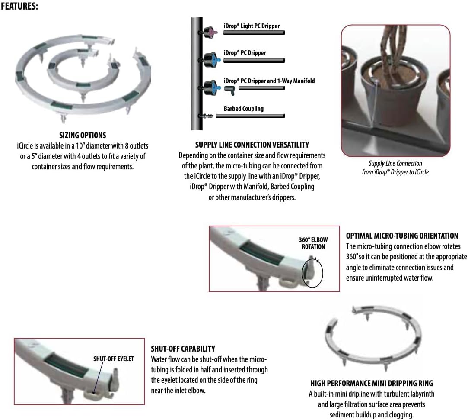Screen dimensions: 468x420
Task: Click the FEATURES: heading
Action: (19, 6)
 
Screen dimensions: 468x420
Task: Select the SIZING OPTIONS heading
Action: (83, 135)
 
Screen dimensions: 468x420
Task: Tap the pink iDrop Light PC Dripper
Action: (210, 32)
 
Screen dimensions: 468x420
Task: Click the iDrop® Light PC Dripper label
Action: (252, 26)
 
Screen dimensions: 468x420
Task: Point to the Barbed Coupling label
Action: (244, 109)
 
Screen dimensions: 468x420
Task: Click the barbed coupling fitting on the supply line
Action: (206, 116)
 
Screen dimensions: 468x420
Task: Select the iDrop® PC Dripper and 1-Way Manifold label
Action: (269, 81)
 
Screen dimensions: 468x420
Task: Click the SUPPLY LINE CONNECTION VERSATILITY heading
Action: (252, 145)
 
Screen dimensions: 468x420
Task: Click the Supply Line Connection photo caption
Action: (395, 168)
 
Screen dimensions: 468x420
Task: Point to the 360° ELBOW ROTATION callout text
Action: (313, 243)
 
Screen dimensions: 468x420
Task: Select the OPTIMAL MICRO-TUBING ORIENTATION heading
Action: (402, 236)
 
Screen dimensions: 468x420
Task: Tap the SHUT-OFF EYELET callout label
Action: (113, 359)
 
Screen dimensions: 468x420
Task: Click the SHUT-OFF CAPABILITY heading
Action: (183, 349)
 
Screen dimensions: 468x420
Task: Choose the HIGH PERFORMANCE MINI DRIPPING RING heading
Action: (371, 383)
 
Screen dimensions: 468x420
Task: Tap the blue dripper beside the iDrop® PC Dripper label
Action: (211, 60)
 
